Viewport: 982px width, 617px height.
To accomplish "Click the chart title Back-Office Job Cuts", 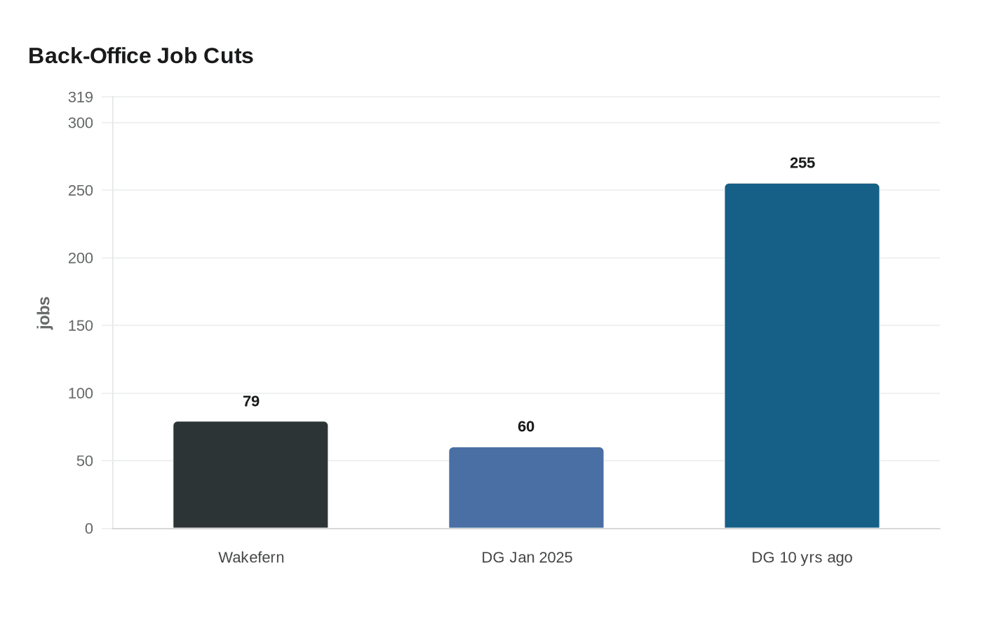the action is pyautogui.click(x=141, y=56).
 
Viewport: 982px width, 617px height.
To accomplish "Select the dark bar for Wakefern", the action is pyautogui.click(x=250, y=475).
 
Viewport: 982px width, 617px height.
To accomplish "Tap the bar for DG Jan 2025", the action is pyautogui.click(x=526, y=487).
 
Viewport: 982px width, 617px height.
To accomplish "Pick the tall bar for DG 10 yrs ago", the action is pyautogui.click(x=802, y=356).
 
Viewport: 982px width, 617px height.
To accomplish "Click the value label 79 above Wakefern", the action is pyautogui.click(x=251, y=401).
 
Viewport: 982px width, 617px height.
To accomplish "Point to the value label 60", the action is pyautogui.click(x=526, y=426).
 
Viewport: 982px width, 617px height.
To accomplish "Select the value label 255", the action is pyautogui.click(x=802, y=163).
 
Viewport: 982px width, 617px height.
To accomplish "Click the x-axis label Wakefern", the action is pyautogui.click(x=251, y=557).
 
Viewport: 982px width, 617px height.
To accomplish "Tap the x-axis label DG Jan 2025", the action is pyautogui.click(x=527, y=557).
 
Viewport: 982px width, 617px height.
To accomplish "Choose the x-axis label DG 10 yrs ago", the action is pyautogui.click(x=802, y=557).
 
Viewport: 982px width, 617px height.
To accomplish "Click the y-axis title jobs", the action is pyautogui.click(x=43, y=313).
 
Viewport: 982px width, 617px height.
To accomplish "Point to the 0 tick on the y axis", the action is pyautogui.click(x=89, y=529).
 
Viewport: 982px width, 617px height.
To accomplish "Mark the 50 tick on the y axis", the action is pyautogui.click(x=85, y=461).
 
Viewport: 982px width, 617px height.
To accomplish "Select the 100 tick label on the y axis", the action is pyautogui.click(x=81, y=393).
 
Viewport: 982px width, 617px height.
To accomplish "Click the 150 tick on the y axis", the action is pyautogui.click(x=81, y=325).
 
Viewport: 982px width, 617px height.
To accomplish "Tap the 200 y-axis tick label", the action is pyautogui.click(x=81, y=258).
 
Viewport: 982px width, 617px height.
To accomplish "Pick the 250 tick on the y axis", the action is pyautogui.click(x=81, y=191).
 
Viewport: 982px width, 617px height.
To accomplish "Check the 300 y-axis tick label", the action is pyautogui.click(x=81, y=123).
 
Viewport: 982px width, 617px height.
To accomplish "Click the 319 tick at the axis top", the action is pyautogui.click(x=81, y=97).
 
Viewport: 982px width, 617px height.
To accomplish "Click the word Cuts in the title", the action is pyautogui.click(x=229, y=56).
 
